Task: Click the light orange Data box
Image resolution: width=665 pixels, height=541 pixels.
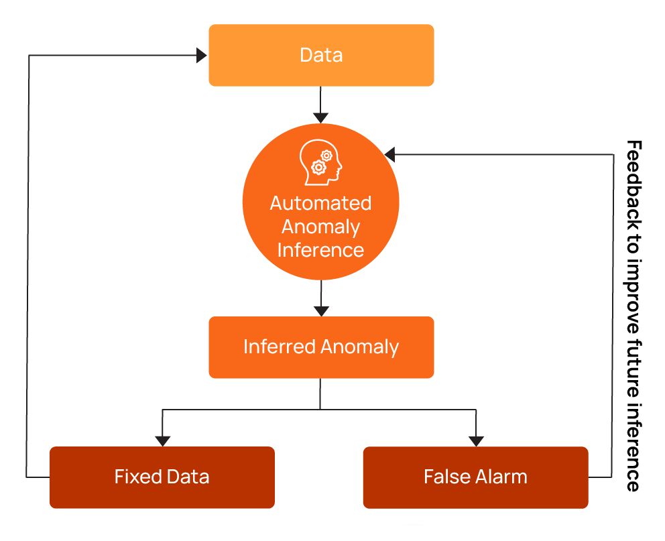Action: [321, 55]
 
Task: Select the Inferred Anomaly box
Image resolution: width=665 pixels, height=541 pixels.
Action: [321, 347]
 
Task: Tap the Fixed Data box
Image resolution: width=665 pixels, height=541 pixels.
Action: [162, 477]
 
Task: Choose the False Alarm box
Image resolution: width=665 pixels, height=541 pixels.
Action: [475, 477]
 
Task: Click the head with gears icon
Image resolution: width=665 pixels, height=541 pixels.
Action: [320, 162]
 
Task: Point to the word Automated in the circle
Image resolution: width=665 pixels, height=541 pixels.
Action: [320, 203]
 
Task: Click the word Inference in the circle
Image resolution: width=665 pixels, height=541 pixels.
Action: [320, 250]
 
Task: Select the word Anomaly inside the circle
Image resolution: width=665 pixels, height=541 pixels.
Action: [320, 227]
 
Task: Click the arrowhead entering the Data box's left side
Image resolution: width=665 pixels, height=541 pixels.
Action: [202, 56]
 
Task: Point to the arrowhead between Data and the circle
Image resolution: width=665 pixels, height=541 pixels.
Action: [321, 118]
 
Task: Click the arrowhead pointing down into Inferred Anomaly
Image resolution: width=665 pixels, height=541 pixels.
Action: [321, 311]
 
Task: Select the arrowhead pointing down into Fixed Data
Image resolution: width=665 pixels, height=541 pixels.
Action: [162, 440]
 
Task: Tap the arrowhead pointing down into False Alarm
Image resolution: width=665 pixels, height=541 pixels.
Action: [476, 440]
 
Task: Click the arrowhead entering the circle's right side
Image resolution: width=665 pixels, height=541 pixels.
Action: [389, 155]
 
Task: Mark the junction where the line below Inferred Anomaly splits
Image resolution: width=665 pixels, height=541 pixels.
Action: [320, 408]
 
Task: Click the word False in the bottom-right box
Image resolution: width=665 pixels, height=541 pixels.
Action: [445, 477]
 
